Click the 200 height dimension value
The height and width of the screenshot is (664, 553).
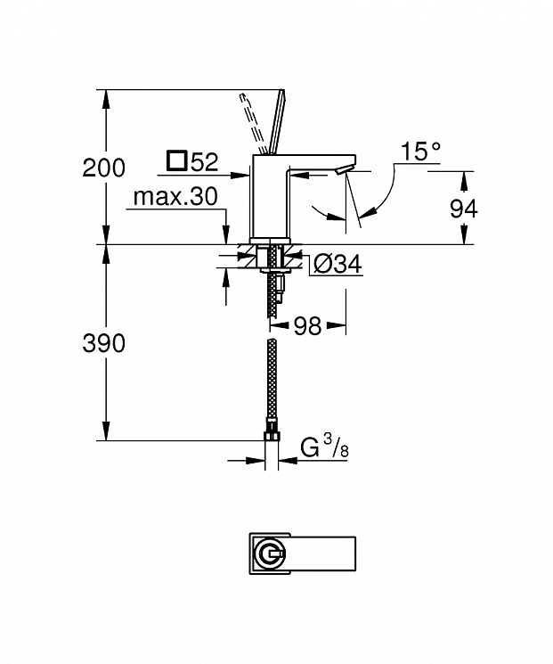click(x=103, y=168)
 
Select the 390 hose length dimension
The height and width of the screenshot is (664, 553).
click(x=103, y=343)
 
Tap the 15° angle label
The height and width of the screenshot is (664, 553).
click(x=420, y=152)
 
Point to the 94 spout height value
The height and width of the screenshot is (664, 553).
click(x=464, y=209)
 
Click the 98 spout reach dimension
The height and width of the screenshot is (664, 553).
click(x=307, y=325)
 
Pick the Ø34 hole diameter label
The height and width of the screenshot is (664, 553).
click(x=338, y=265)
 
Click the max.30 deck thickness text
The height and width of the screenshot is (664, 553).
click(x=175, y=197)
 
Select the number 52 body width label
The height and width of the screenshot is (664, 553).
click(x=205, y=161)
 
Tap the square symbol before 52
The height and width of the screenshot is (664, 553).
click(x=176, y=161)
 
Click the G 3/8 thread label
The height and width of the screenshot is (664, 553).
click(x=324, y=448)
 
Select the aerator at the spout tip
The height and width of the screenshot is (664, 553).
click(x=343, y=170)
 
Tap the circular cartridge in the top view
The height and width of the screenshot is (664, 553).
click(x=271, y=553)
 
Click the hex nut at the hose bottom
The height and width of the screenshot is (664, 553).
click(x=272, y=436)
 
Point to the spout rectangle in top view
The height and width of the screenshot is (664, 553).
click(x=322, y=553)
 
